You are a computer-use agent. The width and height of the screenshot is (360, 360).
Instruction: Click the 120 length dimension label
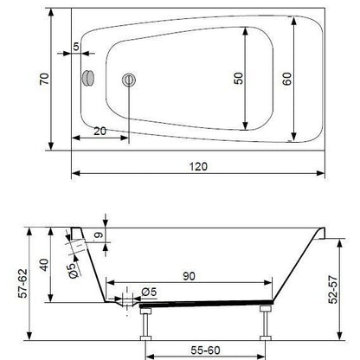click(x=198, y=166)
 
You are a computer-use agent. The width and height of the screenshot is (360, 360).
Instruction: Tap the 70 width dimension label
click(x=45, y=79)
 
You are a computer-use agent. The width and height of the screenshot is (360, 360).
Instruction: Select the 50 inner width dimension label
click(x=239, y=79)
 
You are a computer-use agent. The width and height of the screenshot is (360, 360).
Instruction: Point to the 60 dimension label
click(x=287, y=79)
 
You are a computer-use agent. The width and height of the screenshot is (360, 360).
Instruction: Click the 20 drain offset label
click(x=100, y=132)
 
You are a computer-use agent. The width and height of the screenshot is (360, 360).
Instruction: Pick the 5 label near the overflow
click(x=76, y=47)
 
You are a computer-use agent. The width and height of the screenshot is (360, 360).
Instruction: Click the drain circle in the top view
click(x=129, y=80)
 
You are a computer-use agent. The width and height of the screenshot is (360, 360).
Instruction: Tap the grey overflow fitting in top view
click(x=88, y=78)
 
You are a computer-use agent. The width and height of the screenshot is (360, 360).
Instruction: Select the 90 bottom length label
click(x=189, y=276)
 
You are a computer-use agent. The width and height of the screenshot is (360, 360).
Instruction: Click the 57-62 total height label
click(x=22, y=283)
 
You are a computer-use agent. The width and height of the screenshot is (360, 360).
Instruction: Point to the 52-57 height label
click(x=333, y=290)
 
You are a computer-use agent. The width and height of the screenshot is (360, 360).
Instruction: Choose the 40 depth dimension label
click(x=44, y=265)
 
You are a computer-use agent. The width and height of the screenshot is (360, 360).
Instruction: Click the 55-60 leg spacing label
click(x=205, y=350)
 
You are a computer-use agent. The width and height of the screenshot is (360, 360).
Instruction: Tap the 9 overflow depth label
click(x=99, y=235)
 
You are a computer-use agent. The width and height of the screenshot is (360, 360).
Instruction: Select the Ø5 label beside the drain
click(x=149, y=292)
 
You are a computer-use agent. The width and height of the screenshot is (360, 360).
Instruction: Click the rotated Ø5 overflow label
click(x=74, y=271)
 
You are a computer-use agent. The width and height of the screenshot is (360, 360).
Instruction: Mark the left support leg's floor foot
click(x=145, y=338)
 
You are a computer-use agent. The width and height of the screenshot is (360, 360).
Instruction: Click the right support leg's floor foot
click(x=266, y=338)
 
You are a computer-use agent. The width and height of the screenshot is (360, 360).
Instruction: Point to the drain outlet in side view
click(x=127, y=302)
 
